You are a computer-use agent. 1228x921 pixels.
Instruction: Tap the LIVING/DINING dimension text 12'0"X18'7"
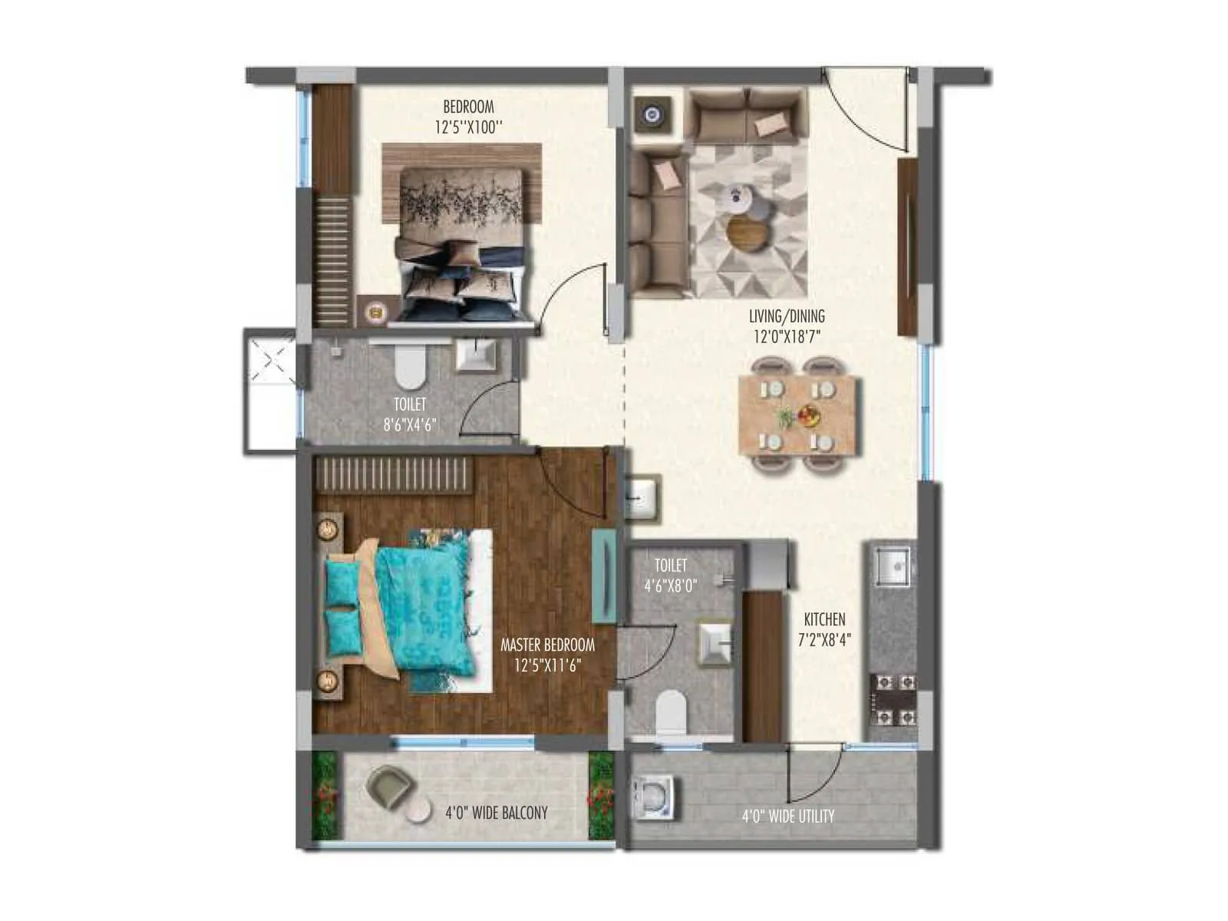[787, 335]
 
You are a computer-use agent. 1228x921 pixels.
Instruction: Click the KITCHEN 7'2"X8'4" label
[824, 628]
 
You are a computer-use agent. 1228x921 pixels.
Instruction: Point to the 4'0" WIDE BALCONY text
[497, 813]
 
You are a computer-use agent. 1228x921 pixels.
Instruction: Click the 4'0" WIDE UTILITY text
[787, 816]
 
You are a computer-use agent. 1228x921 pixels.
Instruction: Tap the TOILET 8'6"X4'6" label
[410, 414]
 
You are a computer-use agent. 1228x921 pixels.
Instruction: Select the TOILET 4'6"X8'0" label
[670, 575]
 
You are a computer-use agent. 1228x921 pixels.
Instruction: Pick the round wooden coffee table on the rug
[748, 232]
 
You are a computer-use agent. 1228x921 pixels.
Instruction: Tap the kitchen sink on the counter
[893, 567]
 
